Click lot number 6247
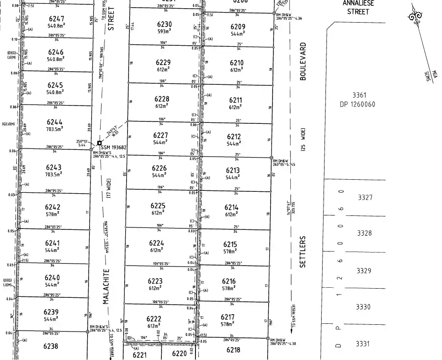click(x=56, y=18)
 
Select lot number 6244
click(x=54, y=122)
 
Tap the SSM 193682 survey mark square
click(x=99, y=143)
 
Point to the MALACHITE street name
click(x=107, y=286)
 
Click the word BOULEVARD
click(x=303, y=61)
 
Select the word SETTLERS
click(x=303, y=252)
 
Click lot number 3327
click(x=365, y=197)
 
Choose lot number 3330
click(x=363, y=307)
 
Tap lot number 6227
click(x=160, y=135)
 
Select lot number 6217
click(x=227, y=317)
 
